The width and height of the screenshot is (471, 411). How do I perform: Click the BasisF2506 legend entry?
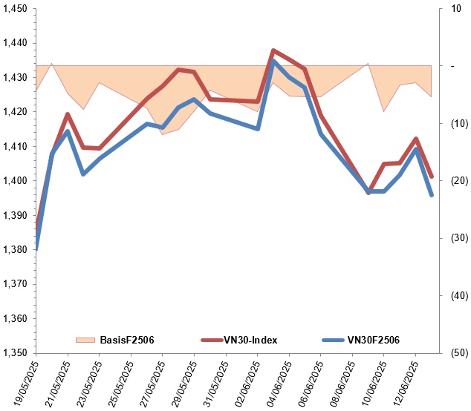[114, 340]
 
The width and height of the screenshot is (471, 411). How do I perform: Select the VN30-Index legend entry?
[239, 340]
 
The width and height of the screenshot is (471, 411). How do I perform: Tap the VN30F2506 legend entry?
[361, 340]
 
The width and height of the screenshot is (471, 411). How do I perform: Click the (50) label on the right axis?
[460, 353]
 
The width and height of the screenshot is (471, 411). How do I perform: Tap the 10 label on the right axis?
[456, 8]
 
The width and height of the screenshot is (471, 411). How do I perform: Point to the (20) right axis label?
[460, 180]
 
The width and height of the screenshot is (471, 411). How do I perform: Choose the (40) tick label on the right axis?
[460, 295]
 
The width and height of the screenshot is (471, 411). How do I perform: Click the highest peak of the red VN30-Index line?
[273, 50]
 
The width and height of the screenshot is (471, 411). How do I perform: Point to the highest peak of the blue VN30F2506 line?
[273, 60]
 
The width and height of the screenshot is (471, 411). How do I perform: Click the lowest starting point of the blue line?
[36, 249]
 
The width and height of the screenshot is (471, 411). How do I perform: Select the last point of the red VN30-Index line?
[432, 177]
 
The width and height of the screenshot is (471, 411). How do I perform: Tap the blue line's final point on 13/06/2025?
[432, 195]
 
